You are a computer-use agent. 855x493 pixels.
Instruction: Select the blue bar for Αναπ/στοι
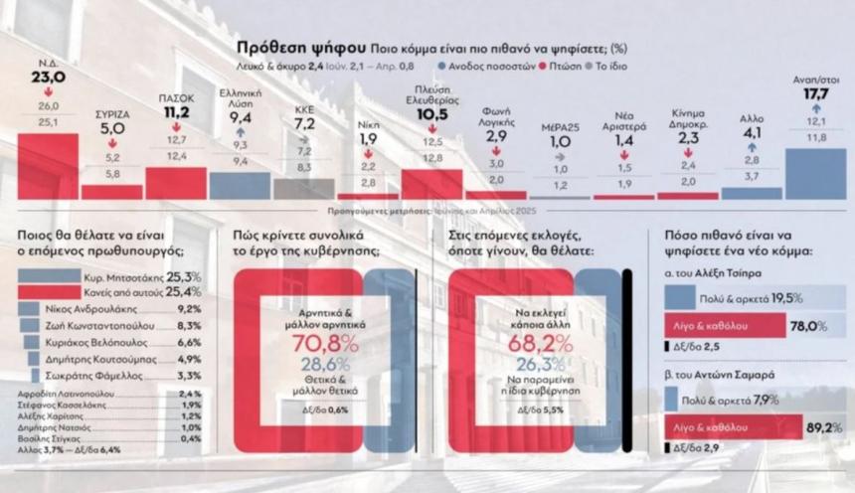coord(815,173)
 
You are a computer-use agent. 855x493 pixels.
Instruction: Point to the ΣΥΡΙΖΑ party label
coord(111,114)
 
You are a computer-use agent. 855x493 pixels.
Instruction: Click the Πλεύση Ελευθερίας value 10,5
coord(432,114)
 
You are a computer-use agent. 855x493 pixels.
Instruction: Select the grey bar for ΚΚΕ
coord(303,189)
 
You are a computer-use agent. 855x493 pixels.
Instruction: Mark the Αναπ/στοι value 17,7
coord(816,95)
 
